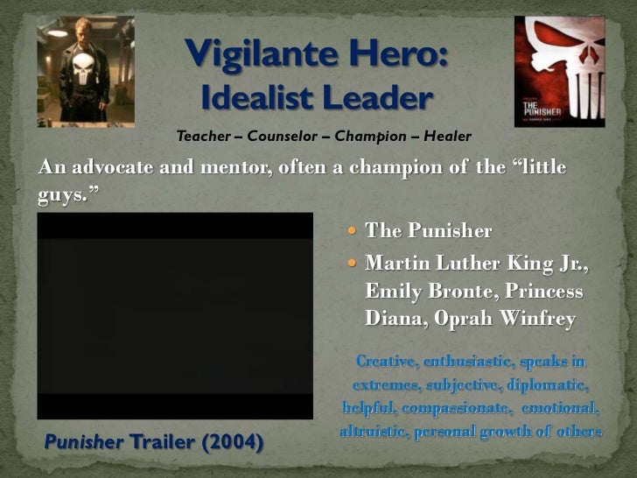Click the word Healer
point(447,137)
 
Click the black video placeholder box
point(174,315)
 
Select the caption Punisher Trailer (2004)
point(153,442)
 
